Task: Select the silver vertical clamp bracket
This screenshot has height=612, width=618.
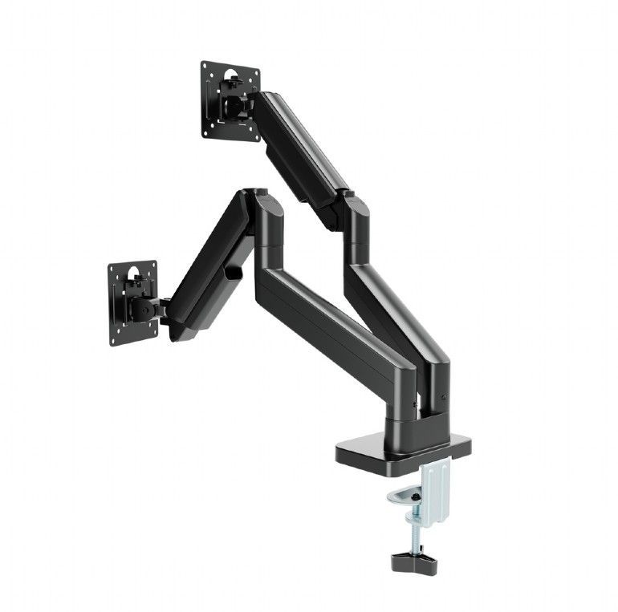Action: (x=434, y=486)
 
